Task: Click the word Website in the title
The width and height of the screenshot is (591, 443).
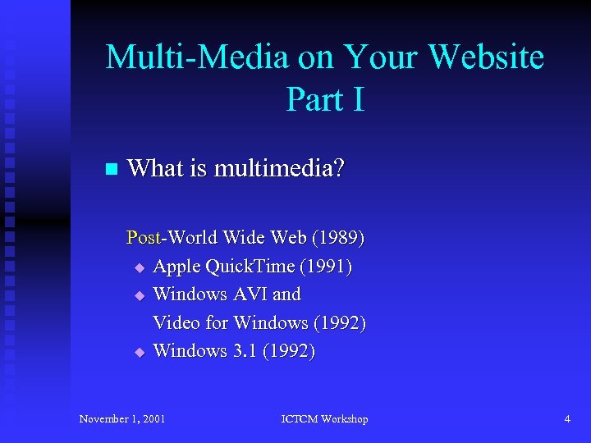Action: click(x=486, y=57)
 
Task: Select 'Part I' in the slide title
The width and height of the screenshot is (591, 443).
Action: click(x=325, y=99)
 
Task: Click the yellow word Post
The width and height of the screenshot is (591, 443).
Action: click(x=144, y=238)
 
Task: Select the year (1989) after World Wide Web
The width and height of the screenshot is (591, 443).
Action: click(x=338, y=238)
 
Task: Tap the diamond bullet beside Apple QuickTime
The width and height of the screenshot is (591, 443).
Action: click(x=139, y=267)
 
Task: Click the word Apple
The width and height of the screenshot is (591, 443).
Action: click(x=176, y=267)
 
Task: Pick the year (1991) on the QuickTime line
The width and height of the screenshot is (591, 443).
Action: click(x=326, y=267)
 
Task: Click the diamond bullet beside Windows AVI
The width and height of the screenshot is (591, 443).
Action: click(x=139, y=295)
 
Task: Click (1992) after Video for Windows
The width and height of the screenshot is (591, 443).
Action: click(x=338, y=322)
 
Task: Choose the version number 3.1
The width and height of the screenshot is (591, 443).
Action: click(x=245, y=350)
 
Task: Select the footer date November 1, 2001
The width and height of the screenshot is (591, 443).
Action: click(x=122, y=419)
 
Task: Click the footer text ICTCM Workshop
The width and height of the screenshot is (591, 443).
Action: click(x=325, y=419)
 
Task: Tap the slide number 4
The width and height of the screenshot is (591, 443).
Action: click(x=566, y=419)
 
